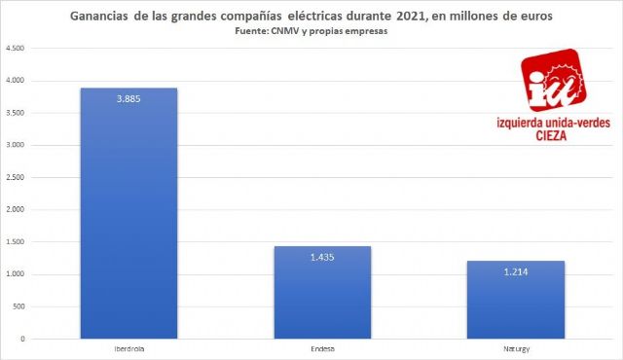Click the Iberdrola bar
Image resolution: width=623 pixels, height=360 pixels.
pyautogui.click(x=128, y=214)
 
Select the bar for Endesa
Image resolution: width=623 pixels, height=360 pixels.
pyautogui.click(x=322, y=292)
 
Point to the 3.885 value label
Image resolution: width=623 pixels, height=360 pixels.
pyautogui.click(x=128, y=98)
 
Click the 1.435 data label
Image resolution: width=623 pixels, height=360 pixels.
pyautogui.click(x=322, y=256)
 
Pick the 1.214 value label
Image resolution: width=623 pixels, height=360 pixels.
pyautogui.click(x=516, y=270)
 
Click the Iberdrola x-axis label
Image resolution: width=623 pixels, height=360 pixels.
pyautogui.click(x=128, y=346)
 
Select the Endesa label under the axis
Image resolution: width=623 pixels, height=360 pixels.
pyautogui.click(x=322, y=346)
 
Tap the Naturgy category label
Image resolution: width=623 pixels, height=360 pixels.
pyautogui.click(x=516, y=346)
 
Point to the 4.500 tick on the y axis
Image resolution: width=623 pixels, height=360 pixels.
pyautogui.click(x=15, y=50)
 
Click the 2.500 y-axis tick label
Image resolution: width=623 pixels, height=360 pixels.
pyautogui.click(x=15, y=178)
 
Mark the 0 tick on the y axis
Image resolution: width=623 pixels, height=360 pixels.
pyautogui.click(x=22, y=339)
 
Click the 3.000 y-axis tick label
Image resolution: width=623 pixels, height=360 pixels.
pyautogui.click(x=15, y=146)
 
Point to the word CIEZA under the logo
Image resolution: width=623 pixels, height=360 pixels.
pyautogui.click(x=552, y=136)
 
